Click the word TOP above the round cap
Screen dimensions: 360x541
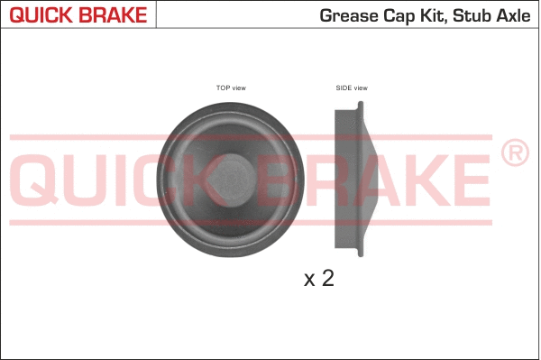click(223, 88)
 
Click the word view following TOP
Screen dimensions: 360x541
click(239, 88)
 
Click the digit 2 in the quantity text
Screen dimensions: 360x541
click(327, 278)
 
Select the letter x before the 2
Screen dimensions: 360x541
click(309, 280)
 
